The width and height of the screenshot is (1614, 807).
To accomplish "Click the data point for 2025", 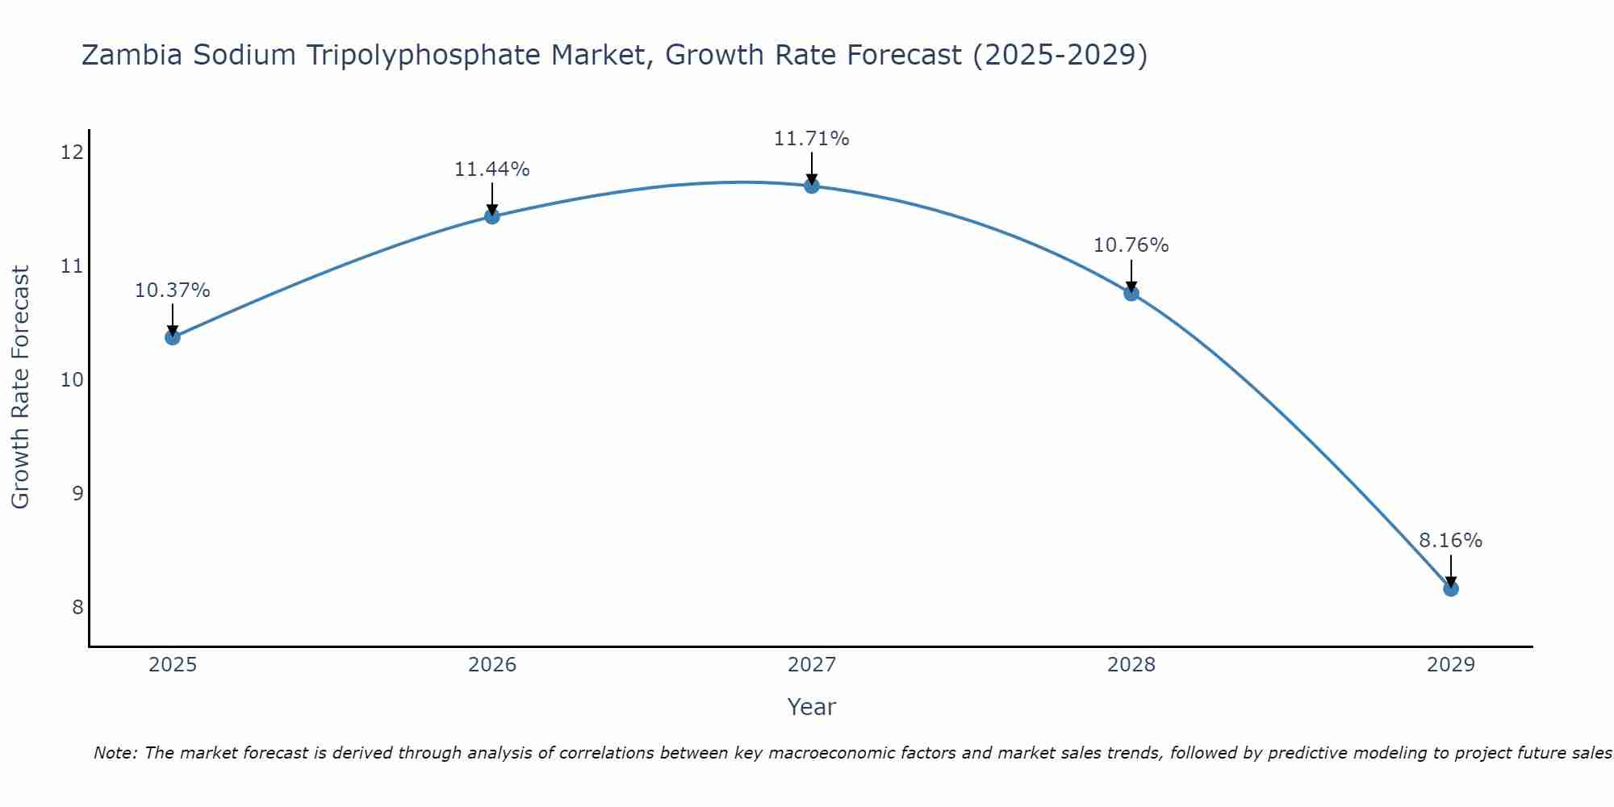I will click(172, 337).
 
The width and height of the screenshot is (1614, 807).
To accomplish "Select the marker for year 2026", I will click(491, 215).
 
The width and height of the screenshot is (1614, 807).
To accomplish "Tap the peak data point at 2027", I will click(812, 186).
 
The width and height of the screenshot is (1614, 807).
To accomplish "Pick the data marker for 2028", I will click(1131, 293).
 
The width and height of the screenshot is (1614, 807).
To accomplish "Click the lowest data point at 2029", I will click(1450, 588).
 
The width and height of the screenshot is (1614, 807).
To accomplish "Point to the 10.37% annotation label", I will click(172, 291).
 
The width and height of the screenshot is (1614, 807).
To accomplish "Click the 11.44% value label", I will click(491, 169).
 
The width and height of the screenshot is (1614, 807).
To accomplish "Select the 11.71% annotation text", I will click(811, 139).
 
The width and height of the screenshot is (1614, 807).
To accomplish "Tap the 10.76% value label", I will click(1131, 245).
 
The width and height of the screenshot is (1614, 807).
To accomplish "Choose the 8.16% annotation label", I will click(1450, 541).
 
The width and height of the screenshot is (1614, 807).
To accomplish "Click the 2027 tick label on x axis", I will click(812, 665).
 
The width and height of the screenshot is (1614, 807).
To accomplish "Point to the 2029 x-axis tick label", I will click(1451, 665).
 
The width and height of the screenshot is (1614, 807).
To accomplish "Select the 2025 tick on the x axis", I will click(173, 665).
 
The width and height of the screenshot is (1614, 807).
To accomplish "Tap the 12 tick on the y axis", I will click(72, 153).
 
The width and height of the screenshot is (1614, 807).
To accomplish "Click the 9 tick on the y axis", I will click(77, 493).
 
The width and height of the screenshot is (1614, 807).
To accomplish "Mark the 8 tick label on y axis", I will click(77, 607).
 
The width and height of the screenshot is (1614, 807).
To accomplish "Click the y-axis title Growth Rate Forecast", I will click(21, 387).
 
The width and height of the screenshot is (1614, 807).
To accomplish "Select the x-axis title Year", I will click(811, 707).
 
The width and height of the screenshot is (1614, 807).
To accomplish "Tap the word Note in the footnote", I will click(115, 753).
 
